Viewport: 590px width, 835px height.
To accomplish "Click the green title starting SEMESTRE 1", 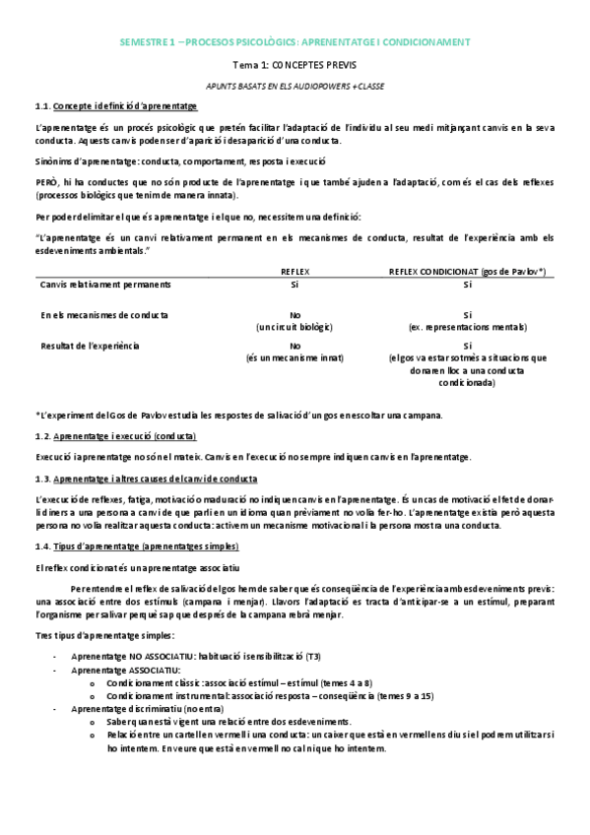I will [295, 42].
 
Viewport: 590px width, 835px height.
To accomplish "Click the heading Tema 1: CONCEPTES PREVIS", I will [295, 65].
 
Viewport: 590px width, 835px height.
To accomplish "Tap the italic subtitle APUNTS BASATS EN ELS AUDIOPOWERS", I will [295, 87].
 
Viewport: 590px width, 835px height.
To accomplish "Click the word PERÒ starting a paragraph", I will [45, 183].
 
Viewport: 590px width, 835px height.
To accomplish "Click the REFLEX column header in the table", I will [295, 270].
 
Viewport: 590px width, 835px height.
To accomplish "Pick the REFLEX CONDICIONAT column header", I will [468, 270].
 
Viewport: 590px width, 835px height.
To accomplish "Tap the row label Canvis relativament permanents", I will [105, 285].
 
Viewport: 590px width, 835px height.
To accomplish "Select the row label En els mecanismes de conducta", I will [104, 315].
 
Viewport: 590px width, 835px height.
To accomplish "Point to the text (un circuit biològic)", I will [295, 327].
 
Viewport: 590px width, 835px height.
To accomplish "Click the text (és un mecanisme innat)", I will [295, 357].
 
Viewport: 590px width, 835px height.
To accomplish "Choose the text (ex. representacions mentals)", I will [468, 327].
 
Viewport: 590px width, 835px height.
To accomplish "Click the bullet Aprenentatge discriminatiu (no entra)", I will [148, 709].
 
